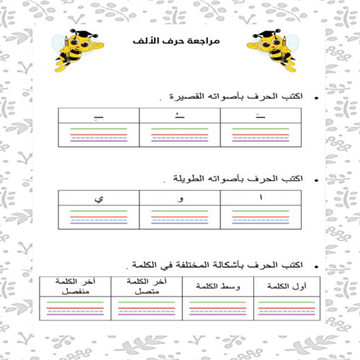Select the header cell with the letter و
coord(181,197)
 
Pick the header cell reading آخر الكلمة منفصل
coord(75,285)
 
